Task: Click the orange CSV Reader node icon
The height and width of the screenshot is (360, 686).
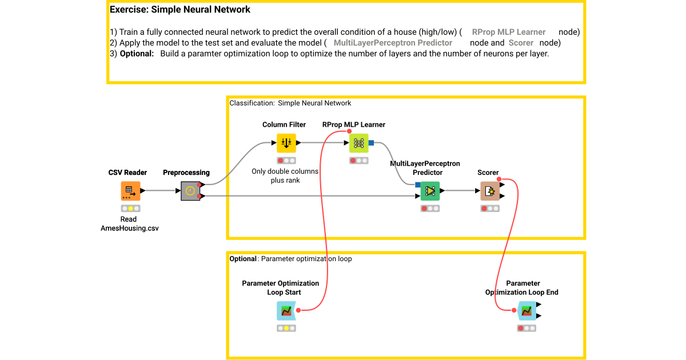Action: [x=130, y=191]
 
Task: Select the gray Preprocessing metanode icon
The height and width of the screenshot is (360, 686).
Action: [x=190, y=191]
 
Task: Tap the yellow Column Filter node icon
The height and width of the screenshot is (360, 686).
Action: [x=286, y=143]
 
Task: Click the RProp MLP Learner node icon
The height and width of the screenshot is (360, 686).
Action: [x=359, y=143]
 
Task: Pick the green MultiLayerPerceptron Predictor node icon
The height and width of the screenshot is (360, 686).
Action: [x=430, y=191]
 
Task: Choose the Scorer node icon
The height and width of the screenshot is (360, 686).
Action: [x=490, y=191]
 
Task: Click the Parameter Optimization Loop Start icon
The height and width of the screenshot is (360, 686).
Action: [x=286, y=311]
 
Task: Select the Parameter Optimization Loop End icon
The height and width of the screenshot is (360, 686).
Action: [x=527, y=311]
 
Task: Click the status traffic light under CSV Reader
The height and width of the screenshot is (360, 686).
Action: [x=130, y=209]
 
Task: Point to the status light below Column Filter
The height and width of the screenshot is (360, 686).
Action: [x=286, y=161]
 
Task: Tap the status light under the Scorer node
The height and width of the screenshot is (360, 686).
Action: [x=490, y=209]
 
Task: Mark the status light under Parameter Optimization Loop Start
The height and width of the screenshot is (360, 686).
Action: [x=286, y=329]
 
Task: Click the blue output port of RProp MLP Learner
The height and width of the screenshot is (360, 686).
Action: [x=372, y=142]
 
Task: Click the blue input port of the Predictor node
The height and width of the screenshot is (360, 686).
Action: [x=417, y=184]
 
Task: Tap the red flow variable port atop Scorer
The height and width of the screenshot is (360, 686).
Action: [x=500, y=180]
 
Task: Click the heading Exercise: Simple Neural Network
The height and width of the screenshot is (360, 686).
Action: [x=180, y=10]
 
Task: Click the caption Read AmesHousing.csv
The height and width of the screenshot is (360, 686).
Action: [x=129, y=223]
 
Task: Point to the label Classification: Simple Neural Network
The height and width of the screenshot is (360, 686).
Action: [x=290, y=103]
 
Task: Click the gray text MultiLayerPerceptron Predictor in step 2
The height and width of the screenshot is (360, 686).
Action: [x=393, y=43]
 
